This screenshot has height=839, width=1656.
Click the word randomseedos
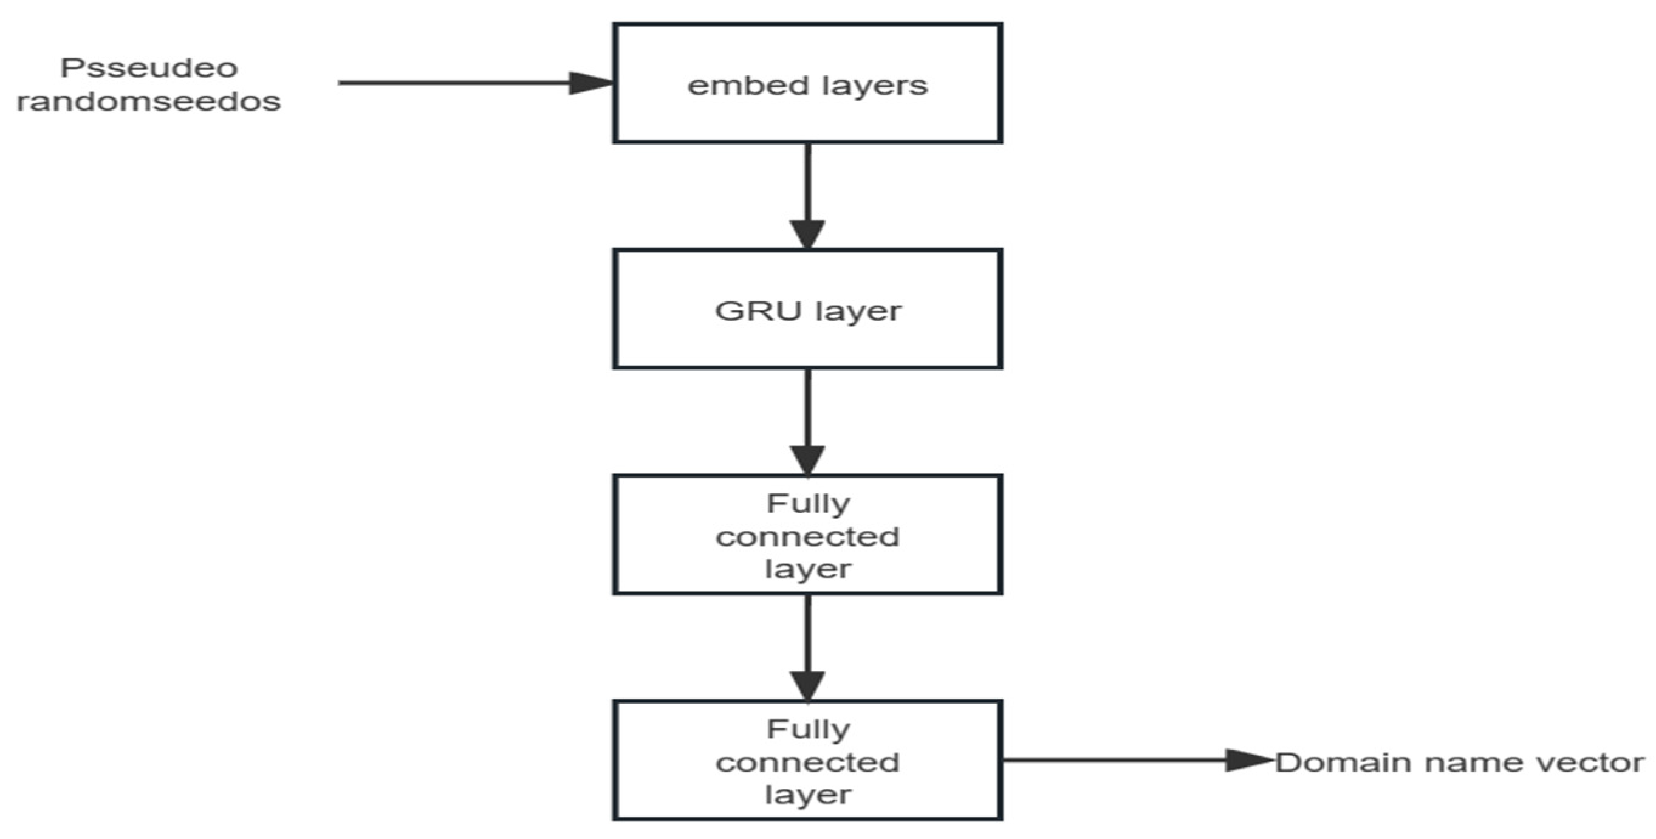(x=148, y=101)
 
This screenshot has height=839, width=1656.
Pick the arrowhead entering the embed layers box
(x=590, y=83)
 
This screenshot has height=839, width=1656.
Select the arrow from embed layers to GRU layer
(x=807, y=193)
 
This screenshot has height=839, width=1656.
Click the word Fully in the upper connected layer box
(x=808, y=504)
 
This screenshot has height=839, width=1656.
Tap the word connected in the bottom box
(x=807, y=762)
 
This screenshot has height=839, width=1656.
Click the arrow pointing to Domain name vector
(x=1131, y=760)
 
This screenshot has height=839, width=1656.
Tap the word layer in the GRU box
(x=859, y=312)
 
